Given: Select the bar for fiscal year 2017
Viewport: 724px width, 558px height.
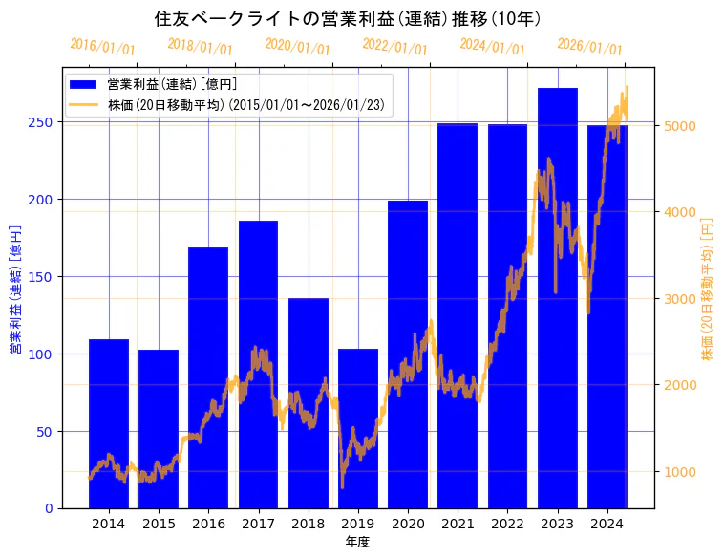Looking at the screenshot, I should (258, 364).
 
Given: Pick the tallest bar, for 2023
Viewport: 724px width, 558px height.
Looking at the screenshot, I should (558, 297).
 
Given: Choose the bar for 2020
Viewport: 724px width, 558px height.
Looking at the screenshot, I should (408, 354).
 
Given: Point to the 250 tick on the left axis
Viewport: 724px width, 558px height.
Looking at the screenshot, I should (47, 122).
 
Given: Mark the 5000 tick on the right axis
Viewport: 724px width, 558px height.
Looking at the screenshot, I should (679, 125).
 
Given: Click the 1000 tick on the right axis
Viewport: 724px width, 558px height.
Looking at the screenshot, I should (679, 472).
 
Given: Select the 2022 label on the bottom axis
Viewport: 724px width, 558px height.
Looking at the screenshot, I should (507, 524).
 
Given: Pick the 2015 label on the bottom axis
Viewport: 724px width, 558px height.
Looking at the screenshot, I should (159, 524).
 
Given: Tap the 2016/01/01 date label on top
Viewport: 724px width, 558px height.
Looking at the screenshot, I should (103, 46).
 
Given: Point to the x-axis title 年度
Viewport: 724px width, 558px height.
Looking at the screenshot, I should (357, 542).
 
